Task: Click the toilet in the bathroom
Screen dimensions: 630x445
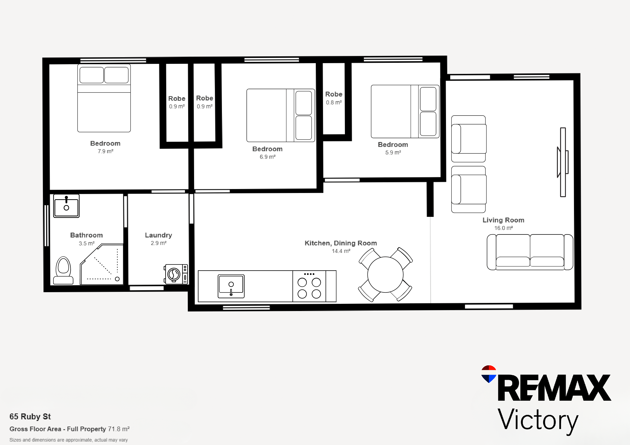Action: click(x=63, y=270)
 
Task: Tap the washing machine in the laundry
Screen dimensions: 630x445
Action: click(x=176, y=274)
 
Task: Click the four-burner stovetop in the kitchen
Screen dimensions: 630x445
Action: click(x=309, y=286)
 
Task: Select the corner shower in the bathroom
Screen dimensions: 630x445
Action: click(x=101, y=264)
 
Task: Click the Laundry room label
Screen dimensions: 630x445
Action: click(x=158, y=235)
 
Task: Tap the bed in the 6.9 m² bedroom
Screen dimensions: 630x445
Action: click(x=280, y=115)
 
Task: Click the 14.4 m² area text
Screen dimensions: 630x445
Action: click(x=341, y=251)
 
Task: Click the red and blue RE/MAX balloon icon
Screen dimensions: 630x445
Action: click(x=489, y=374)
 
